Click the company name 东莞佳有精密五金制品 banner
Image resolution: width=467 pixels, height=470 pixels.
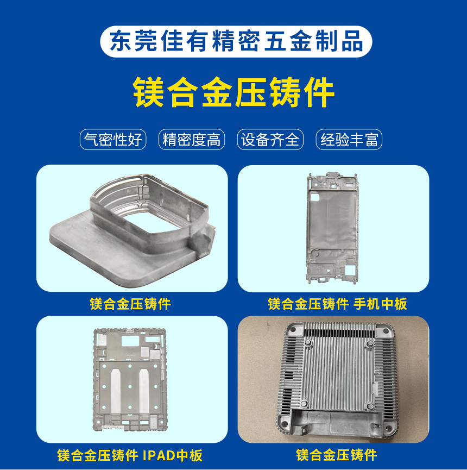click(x=236, y=41)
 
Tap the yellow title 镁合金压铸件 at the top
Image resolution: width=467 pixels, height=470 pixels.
click(x=233, y=92)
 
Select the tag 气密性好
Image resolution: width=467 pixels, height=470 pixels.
click(x=113, y=140)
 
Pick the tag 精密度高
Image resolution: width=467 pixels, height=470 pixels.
click(x=192, y=140)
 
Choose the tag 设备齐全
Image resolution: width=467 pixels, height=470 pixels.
click(x=270, y=140)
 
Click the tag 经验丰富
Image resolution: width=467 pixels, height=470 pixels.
click(x=349, y=140)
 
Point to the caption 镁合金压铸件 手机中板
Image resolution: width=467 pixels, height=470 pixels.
click(x=337, y=304)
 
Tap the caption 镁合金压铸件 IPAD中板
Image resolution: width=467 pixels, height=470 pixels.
click(x=130, y=455)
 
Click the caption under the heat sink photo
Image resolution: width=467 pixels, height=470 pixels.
click(x=336, y=455)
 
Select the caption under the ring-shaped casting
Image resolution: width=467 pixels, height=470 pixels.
click(x=130, y=304)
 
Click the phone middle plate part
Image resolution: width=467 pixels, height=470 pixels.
click(x=332, y=228)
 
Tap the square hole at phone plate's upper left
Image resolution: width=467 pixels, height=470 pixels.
click(x=314, y=198)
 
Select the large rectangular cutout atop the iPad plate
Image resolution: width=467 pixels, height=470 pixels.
click(x=130, y=341)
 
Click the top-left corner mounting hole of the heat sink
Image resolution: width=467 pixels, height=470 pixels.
click(x=293, y=330)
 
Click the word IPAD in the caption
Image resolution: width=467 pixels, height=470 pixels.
click(x=159, y=455)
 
